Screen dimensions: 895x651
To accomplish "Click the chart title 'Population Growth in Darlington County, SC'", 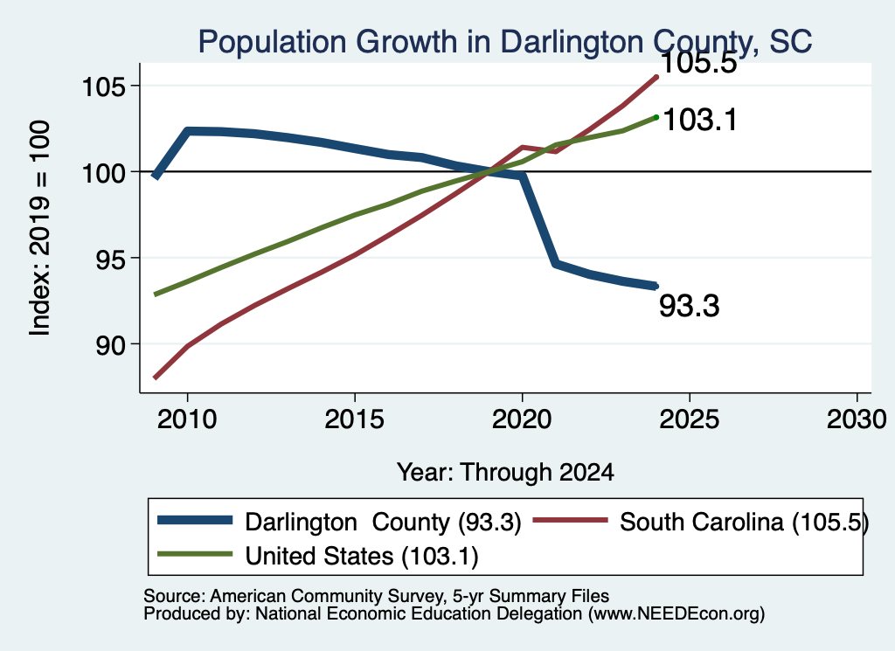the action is click(504, 42).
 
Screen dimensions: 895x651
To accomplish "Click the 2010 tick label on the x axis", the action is click(187, 420).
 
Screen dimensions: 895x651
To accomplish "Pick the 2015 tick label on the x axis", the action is click(355, 420).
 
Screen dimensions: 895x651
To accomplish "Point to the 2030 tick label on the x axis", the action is click(857, 420).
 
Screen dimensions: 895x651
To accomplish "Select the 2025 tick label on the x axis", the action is click(690, 420).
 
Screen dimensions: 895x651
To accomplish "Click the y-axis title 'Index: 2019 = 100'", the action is click(40, 228).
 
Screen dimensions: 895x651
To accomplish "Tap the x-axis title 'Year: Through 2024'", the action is click(505, 473).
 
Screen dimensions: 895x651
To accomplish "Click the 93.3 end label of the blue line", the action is click(690, 306).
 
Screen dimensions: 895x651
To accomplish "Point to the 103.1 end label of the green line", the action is click(700, 121).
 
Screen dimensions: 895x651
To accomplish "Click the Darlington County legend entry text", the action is click(383, 522).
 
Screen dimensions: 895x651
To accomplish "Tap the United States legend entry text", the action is click(362, 556).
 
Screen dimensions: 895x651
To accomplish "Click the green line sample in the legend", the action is click(195, 554).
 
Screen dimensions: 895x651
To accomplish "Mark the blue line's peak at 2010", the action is click(188, 131).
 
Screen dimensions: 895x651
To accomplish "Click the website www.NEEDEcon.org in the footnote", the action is click(674, 614).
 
